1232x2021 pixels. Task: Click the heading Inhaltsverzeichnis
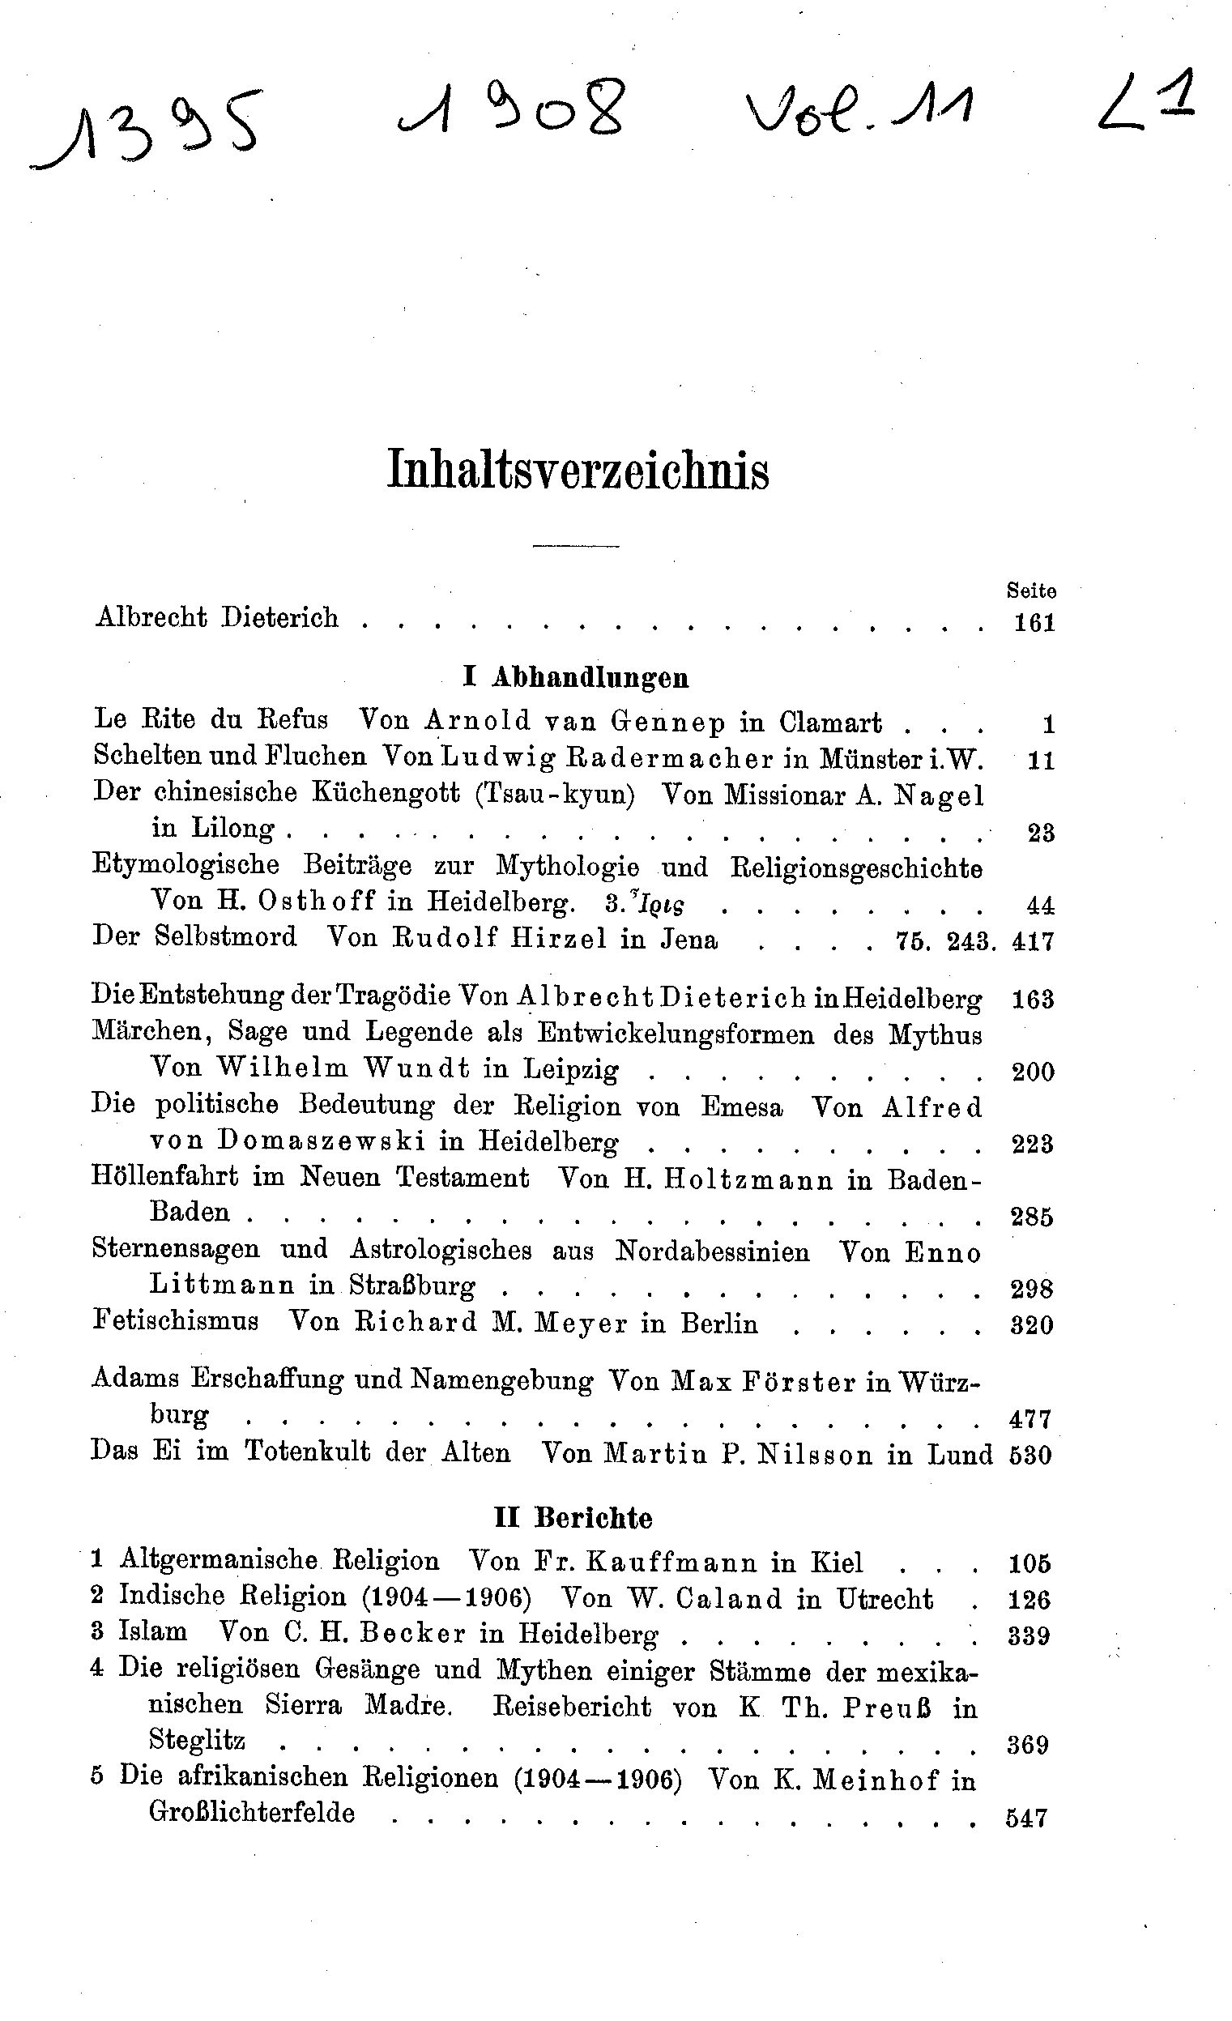(578, 470)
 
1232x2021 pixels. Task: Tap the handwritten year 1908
(512, 112)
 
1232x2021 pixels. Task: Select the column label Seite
(1031, 591)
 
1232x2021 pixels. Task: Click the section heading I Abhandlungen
(576, 677)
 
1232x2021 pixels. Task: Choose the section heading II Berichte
(573, 1518)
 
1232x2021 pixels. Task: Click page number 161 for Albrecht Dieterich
(1034, 623)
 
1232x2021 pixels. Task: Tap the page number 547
(1027, 1818)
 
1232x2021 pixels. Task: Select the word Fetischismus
(176, 1322)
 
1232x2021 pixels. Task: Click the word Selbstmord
(225, 936)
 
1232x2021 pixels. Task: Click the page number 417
(1033, 940)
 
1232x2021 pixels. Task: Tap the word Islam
(152, 1631)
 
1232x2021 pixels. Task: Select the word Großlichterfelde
(252, 1813)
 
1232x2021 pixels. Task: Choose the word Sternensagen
(176, 1250)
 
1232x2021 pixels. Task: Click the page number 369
(1028, 1745)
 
